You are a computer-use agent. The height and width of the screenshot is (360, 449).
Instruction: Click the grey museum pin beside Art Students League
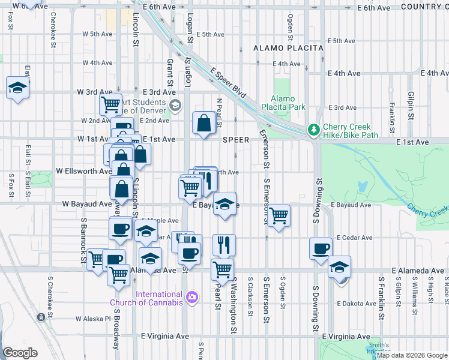click(x=175, y=107)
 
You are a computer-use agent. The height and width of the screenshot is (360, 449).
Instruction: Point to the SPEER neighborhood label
click(x=235, y=140)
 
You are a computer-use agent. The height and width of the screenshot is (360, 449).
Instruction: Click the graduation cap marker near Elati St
click(x=17, y=89)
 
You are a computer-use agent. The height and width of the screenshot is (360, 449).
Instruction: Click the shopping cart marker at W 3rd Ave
click(x=111, y=104)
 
